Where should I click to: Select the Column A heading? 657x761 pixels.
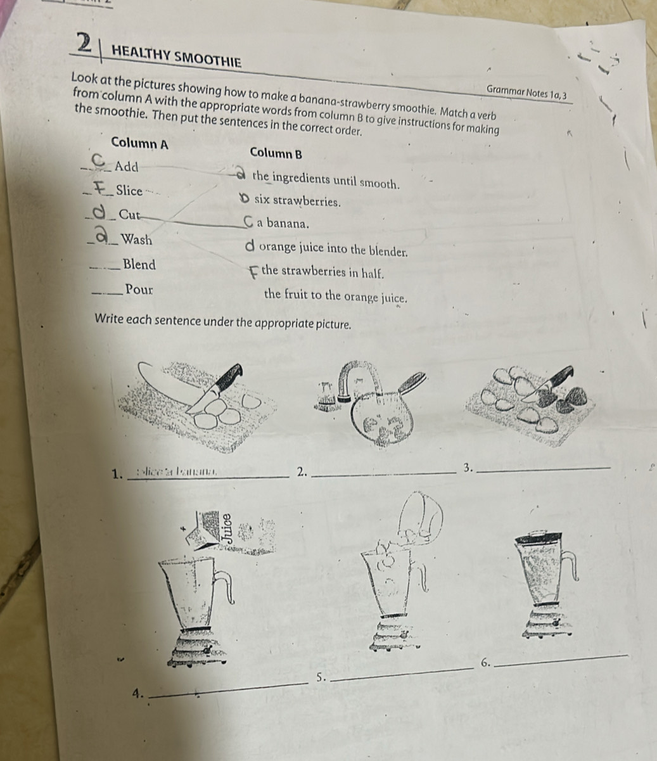point(139,143)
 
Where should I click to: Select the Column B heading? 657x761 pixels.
point(276,153)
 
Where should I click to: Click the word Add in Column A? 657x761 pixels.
point(127,167)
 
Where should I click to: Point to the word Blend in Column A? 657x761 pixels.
point(140,264)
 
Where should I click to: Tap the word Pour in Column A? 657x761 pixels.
point(139,290)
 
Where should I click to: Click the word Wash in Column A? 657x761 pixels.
point(137,240)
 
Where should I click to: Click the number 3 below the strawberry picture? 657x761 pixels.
point(468,468)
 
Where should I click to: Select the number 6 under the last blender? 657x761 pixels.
point(485,663)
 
